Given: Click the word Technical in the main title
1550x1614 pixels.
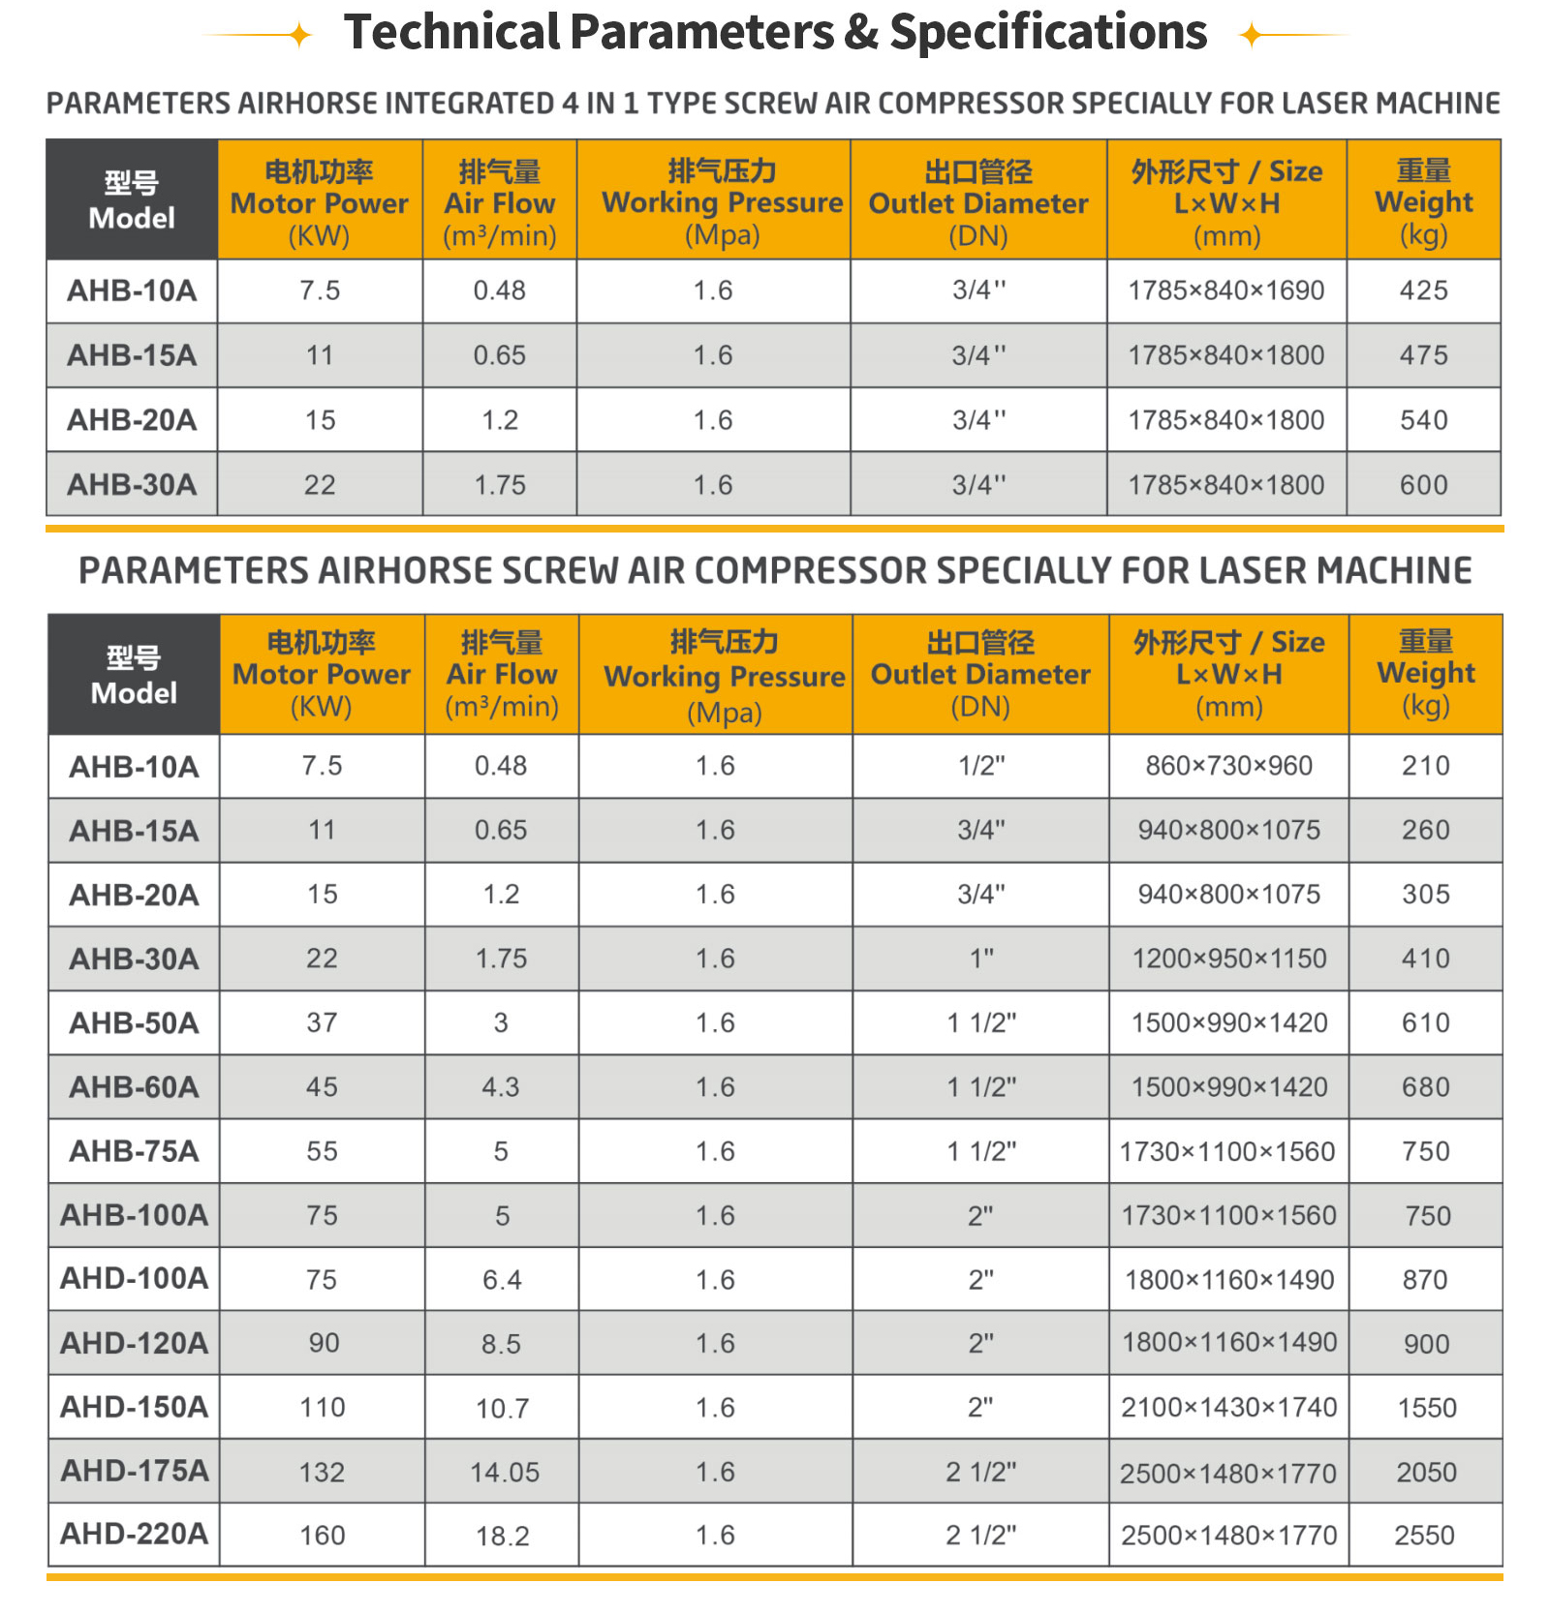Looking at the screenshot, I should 451,33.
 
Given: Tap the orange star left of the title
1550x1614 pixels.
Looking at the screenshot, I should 300,36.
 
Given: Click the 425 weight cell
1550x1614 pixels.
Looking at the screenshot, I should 1423,290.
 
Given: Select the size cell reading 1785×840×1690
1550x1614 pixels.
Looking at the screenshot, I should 1225,290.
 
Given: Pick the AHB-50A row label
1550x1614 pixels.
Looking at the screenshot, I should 134,1022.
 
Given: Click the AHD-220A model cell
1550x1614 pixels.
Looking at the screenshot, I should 134,1534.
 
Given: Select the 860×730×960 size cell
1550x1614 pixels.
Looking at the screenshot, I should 1228,766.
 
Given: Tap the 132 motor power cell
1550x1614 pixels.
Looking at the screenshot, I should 322,1472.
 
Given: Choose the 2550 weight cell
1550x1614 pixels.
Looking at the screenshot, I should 1424,1535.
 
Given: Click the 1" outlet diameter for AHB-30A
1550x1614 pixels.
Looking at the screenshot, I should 981,959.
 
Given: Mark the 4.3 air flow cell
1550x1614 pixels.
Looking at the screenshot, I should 501,1086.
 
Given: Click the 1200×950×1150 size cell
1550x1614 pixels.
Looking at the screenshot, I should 1228,959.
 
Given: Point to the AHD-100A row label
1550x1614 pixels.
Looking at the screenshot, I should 134,1278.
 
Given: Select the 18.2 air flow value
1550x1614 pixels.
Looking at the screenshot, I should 502,1536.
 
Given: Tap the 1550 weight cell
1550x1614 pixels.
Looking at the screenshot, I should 1426,1407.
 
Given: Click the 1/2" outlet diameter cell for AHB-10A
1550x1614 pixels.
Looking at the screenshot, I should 981,766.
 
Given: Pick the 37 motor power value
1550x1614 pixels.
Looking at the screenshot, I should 322,1022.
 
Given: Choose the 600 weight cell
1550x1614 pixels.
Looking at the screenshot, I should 1423,485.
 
